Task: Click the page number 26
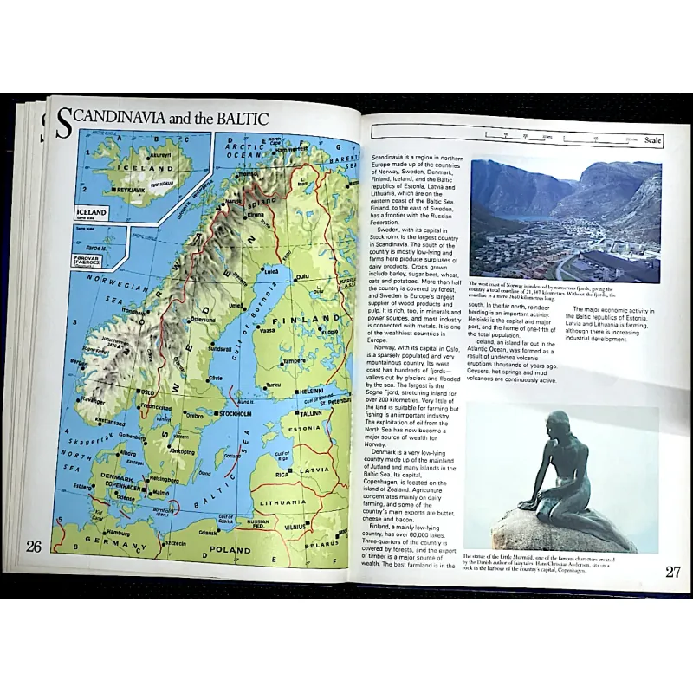[x=35, y=546]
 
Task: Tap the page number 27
[x=674, y=571]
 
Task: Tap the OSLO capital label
[x=147, y=392]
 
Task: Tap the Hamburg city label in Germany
[x=118, y=534]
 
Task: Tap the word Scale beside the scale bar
[x=653, y=139]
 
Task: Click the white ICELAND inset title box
[x=92, y=212]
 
